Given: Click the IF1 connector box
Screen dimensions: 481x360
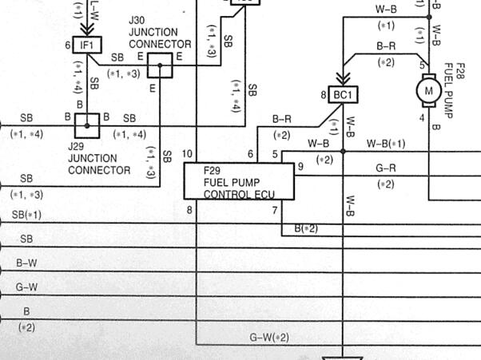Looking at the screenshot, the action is click(87, 45).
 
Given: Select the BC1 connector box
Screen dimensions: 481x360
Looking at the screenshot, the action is click(343, 95).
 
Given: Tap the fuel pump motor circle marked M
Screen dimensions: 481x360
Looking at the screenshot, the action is click(428, 91).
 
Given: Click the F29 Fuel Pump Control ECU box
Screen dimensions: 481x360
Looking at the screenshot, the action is click(239, 181).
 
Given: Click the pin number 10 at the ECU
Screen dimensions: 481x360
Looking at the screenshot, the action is click(187, 154).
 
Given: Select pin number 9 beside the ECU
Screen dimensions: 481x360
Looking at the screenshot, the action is click(300, 166).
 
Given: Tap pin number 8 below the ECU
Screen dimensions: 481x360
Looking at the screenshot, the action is click(189, 210).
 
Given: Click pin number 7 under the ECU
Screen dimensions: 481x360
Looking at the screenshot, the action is click(275, 210).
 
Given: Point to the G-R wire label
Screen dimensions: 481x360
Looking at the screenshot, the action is click(386, 168).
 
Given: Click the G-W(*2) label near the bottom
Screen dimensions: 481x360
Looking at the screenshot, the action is click(269, 338).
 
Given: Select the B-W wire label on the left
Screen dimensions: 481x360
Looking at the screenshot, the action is click(26, 263).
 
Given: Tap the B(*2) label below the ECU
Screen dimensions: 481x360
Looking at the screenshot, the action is click(306, 228).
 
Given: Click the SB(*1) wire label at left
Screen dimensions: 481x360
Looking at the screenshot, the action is click(26, 215).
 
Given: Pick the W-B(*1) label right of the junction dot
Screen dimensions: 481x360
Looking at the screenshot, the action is click(386, 144).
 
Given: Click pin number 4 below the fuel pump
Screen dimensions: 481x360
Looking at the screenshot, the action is click(422, 117).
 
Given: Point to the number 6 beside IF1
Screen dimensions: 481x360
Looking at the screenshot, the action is click(68, 45).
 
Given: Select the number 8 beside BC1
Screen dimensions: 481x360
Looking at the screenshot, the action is click(324, 95).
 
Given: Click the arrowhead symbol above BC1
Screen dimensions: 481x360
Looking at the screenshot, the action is click(343, 79).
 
